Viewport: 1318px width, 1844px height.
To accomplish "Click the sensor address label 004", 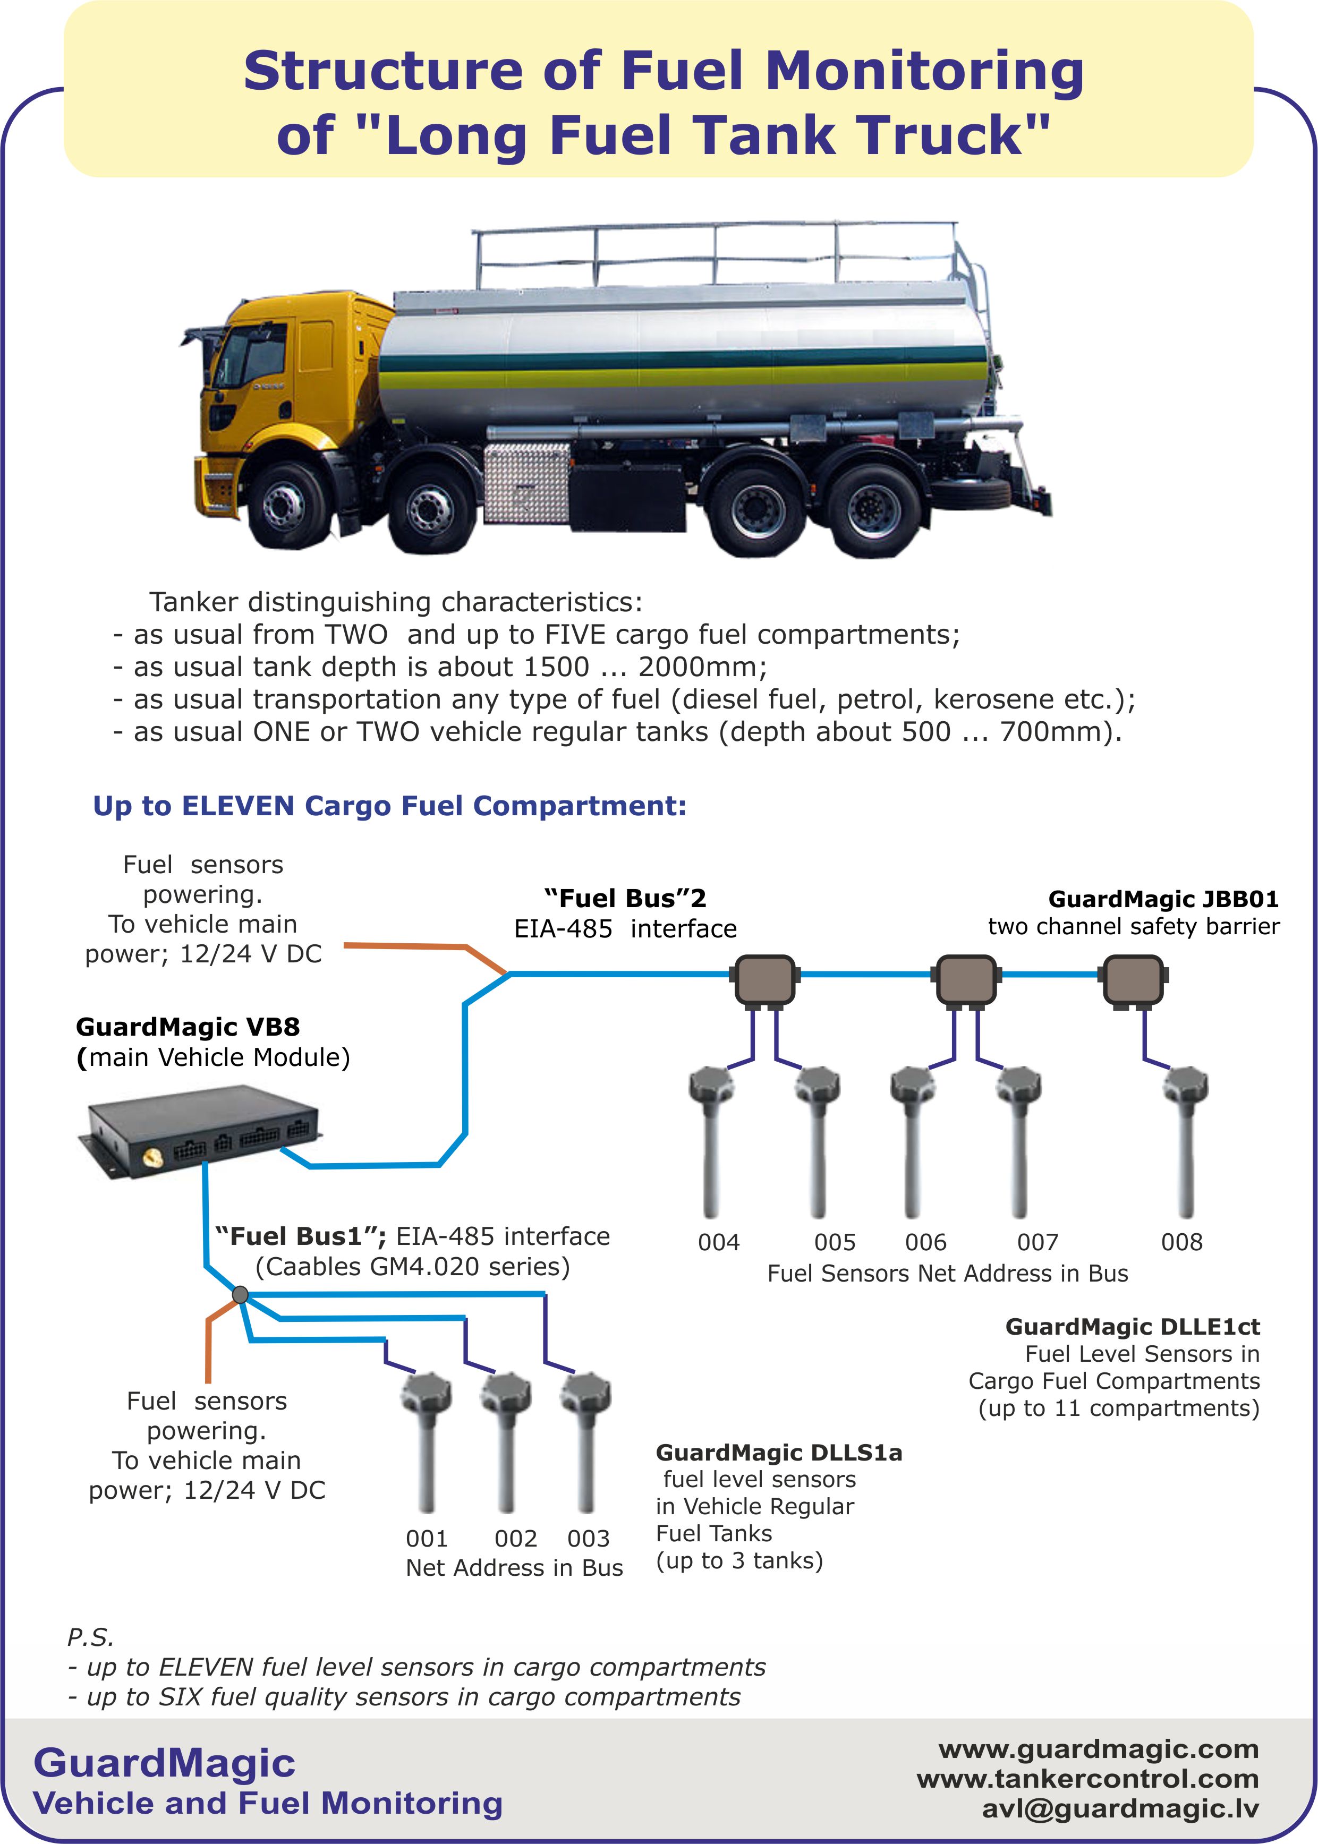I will [718, 1242].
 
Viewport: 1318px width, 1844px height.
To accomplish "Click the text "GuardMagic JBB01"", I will [1163, 899].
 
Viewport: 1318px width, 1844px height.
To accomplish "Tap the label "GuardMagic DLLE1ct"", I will [1132, 1326].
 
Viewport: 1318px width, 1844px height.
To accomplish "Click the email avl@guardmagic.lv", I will [1120, 1808].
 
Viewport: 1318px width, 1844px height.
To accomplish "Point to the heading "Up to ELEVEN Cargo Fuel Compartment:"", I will [389, 806].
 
